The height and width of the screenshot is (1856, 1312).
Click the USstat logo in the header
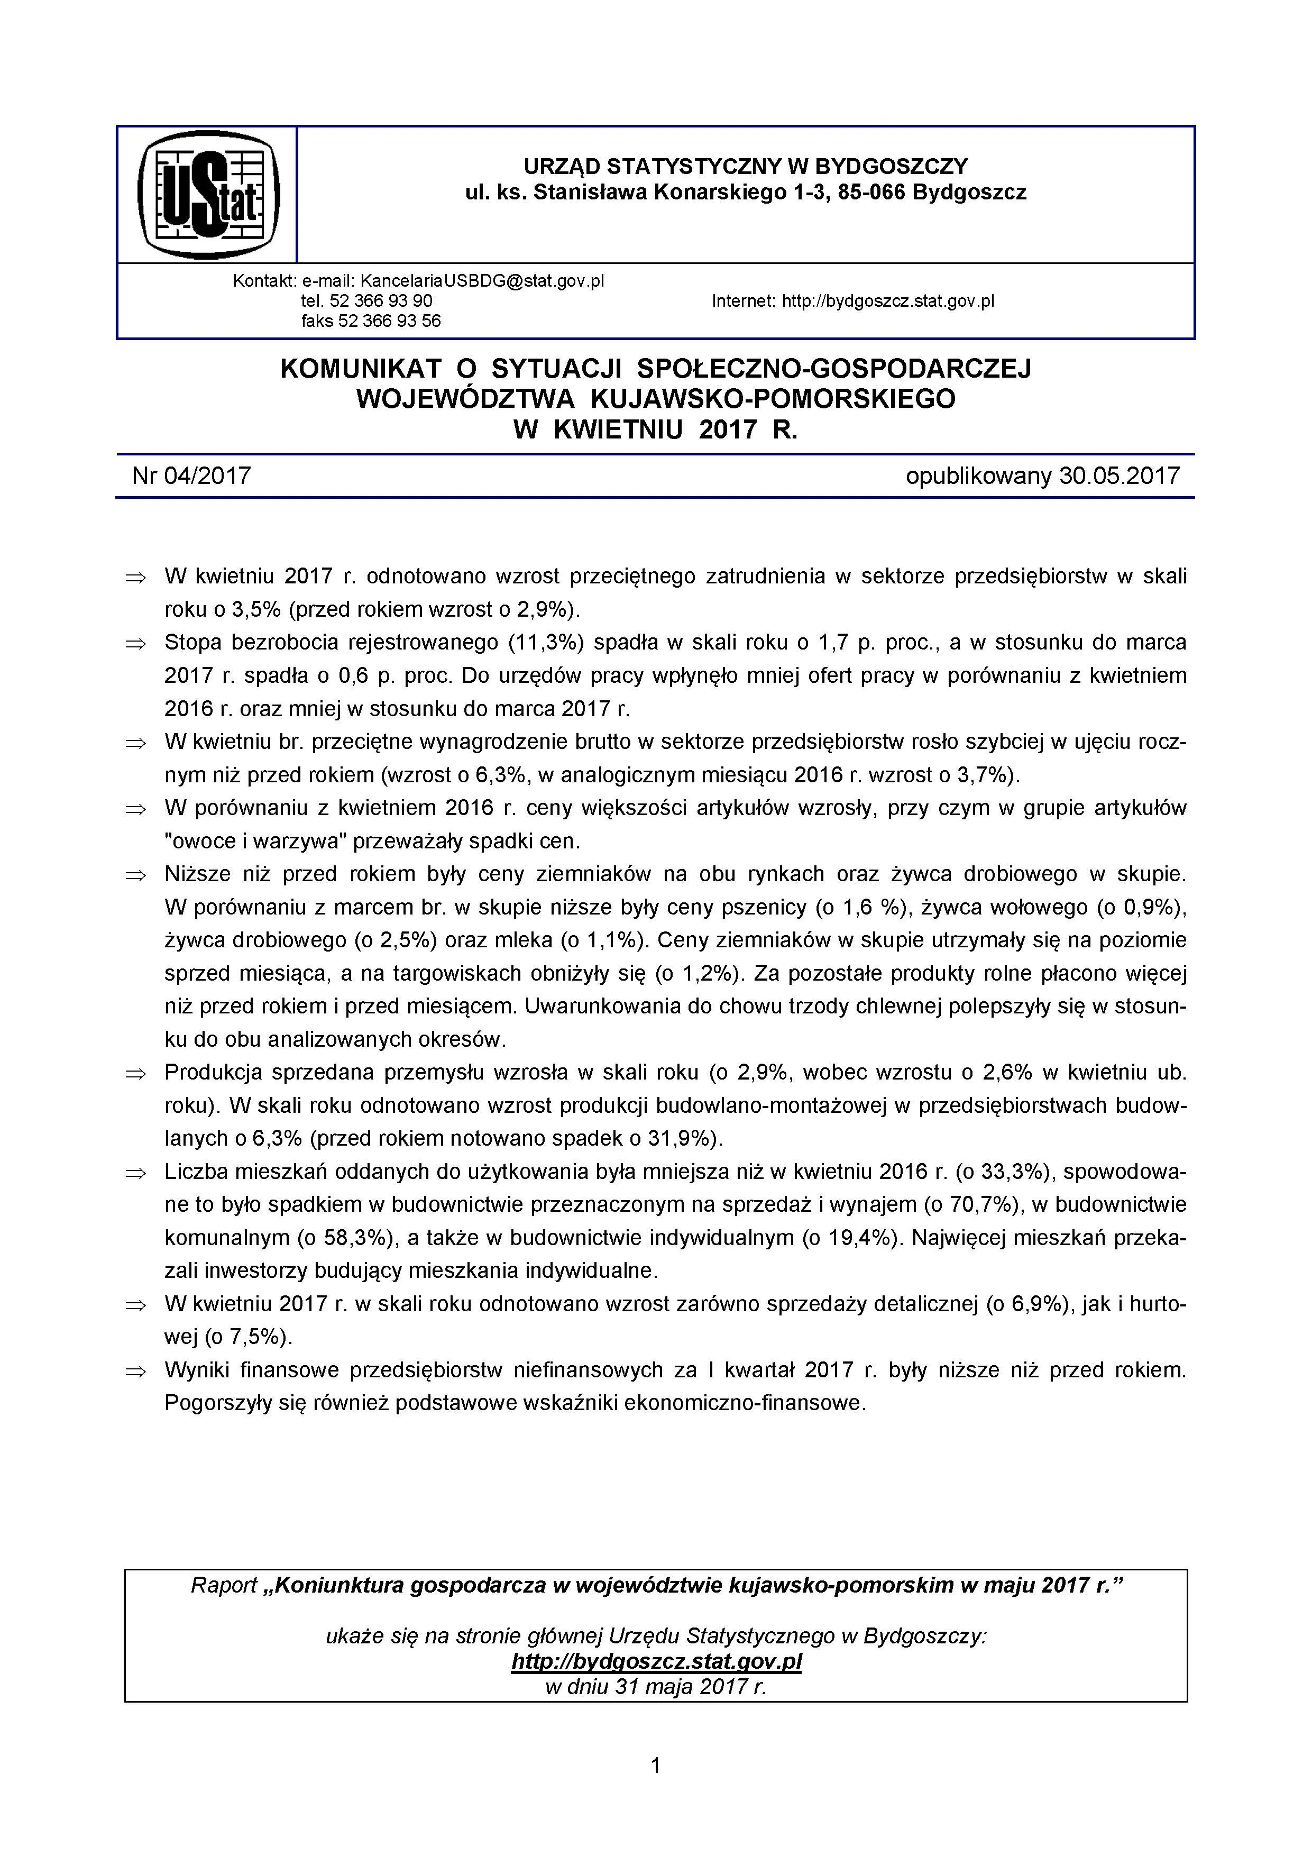[x=208, y=195]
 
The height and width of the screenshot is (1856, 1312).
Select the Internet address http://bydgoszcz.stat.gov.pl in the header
[x=887, y=301]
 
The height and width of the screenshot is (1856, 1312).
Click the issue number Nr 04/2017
[x=191, y=476]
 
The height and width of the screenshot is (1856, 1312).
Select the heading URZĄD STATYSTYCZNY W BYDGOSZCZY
[x=745, y=167]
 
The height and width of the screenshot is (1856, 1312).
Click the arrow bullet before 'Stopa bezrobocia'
[x=135, y=644]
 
